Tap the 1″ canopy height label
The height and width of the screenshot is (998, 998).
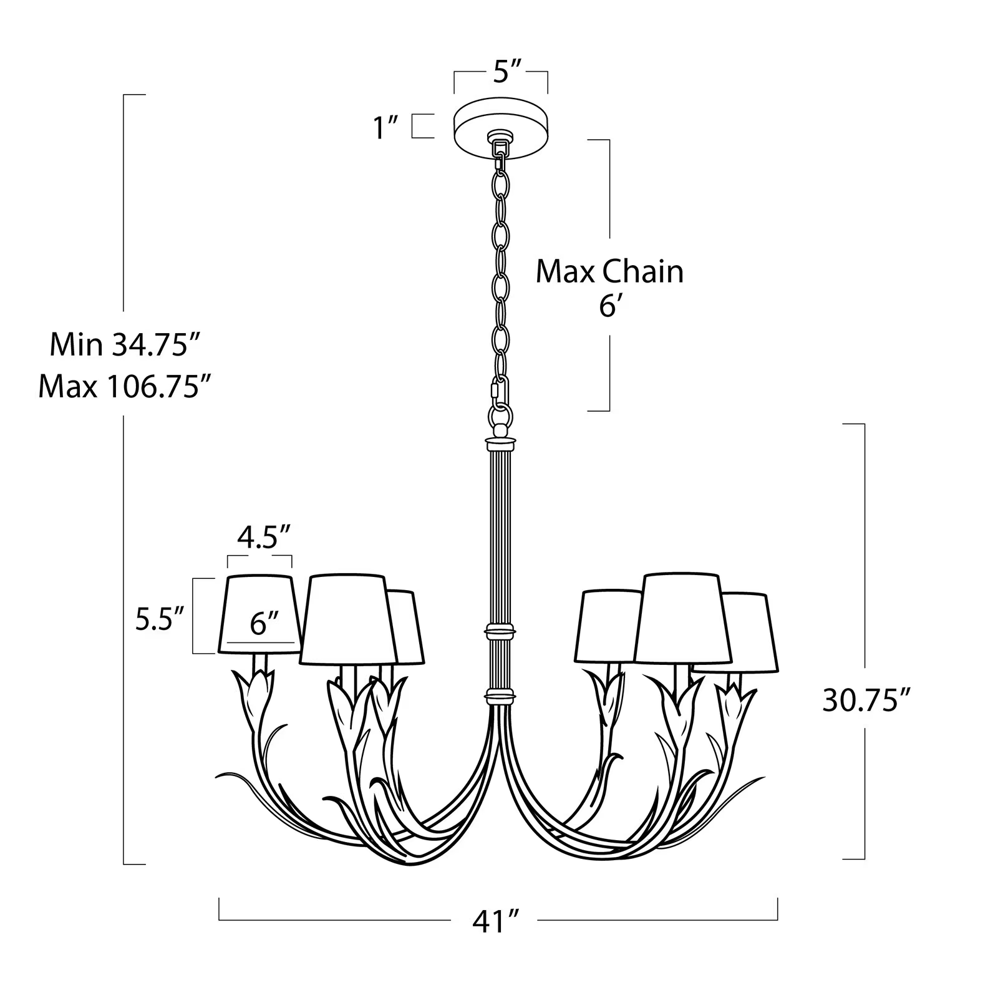pos(386,127)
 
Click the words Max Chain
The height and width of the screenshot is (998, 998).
pos(609,272)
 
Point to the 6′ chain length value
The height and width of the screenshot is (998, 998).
pos(609,307)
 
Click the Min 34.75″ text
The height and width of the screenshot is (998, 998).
pos(119,344)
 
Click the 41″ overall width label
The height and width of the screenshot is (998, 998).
pos(496,922)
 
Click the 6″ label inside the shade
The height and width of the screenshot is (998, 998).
pos(264,624)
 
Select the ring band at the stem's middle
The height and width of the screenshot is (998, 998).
pos(501,631)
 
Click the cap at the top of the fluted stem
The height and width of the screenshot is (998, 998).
pos(501,444)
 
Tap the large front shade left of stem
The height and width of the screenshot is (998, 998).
pos(348,619)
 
